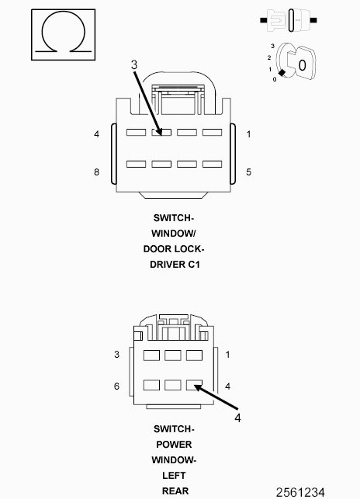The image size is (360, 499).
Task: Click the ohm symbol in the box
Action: [x=63, y=33]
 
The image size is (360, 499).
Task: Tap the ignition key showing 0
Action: [x=296, y=62]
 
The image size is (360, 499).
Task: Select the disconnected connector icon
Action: [x=289, y=20]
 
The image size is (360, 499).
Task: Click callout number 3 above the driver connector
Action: [x=134, y=65]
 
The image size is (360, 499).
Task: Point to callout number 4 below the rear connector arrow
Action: [x=237, y=418]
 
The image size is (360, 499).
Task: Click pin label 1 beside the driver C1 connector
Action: [x=248, y=134]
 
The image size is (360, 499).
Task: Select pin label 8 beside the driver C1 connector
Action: [x=96, y=172]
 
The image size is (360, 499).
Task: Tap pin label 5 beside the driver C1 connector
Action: [x=248, y=172]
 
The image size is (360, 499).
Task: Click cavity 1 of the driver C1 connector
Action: [x=213, y=132]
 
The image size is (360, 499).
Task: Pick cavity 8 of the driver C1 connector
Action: [x=136, y=164]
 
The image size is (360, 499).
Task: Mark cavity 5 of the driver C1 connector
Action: [x=213, y=164]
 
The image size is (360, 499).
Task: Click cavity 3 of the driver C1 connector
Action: [x=161, y=132]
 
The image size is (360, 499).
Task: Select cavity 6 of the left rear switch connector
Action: [x=151, y=385]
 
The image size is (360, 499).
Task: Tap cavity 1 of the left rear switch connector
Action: [x=194, y=355]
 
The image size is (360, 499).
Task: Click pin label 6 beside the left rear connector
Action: [x=116, y=386]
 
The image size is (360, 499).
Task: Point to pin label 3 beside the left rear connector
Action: [x=116, y=355]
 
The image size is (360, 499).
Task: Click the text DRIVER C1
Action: [x=175, y=265]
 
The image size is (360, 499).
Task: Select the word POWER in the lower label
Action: [x=174, y=444]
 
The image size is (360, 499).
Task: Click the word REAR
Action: [x=175, y=491]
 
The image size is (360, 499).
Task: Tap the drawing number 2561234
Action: [x=300, y=493]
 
